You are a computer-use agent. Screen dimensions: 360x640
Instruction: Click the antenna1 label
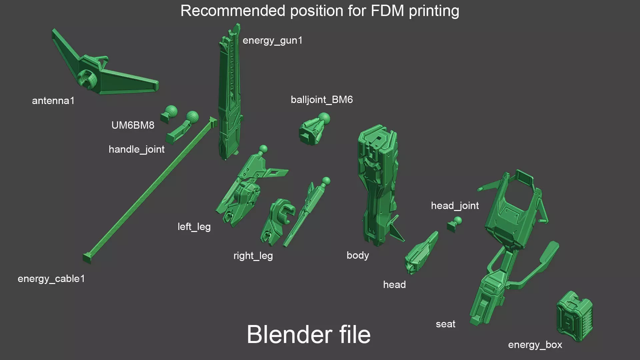[53, 101]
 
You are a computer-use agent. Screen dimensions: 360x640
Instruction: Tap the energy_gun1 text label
[272, 40]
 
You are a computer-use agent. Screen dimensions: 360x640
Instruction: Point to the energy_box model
[574, 316]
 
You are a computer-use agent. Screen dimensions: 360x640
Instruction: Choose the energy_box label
[535, 345]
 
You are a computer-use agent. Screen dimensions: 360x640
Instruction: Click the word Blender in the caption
[289, 334]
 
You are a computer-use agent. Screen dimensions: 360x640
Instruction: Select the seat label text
[445, 324]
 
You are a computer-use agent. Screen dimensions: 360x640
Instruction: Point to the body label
[358, 255]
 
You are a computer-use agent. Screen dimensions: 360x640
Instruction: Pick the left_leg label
[194, 227]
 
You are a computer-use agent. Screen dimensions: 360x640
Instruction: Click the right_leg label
[253, 256]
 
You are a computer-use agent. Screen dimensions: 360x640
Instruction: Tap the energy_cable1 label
[51, 279]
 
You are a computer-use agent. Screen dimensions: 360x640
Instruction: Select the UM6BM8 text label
[133, 125]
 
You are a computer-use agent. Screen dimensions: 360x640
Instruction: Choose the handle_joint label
[136, 149]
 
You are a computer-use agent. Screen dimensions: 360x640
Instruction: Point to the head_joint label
[455, 206]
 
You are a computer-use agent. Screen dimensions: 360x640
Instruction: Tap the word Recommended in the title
[233, 11]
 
